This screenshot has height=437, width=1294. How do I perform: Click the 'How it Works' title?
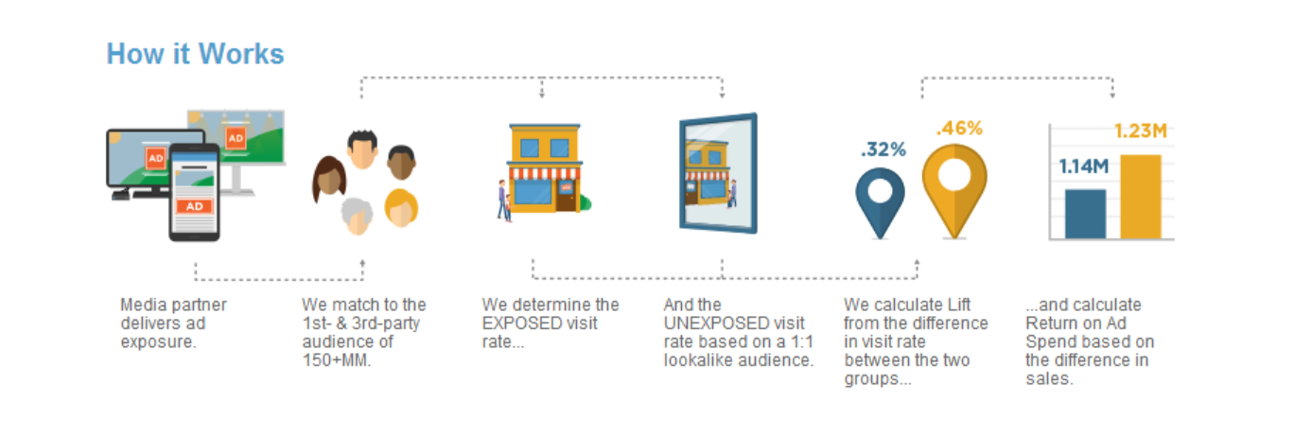[x=195, y=54]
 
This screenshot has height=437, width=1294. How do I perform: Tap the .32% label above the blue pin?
[x=883, y=149]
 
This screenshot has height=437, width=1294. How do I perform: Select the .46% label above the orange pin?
[x=959, y=129]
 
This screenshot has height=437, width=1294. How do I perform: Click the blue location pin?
[x=880, y=202]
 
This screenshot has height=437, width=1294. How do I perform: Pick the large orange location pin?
[x=954, y=191]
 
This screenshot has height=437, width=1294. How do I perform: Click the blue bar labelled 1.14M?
[x=1086, y=214]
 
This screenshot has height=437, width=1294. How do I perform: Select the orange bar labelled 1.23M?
[x=1141, y=197]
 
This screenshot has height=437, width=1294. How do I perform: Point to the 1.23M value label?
[x=1141, y=131]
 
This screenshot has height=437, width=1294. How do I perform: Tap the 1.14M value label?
[x=1084, y=167]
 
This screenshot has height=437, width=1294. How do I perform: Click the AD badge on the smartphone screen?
[x=194, y=206]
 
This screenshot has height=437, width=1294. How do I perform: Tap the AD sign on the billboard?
[x=236, y=138]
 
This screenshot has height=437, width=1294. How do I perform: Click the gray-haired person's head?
[x=357, y=216]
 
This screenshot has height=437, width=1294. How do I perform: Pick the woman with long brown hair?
[x=330, y=179]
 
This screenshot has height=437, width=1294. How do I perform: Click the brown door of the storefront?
[x=566, y=196]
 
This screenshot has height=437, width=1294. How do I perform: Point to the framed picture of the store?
[x=719, y=173]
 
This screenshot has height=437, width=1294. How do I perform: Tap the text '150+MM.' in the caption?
[x=337, y=360]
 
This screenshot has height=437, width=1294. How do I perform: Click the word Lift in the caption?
[x=959, y=305]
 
